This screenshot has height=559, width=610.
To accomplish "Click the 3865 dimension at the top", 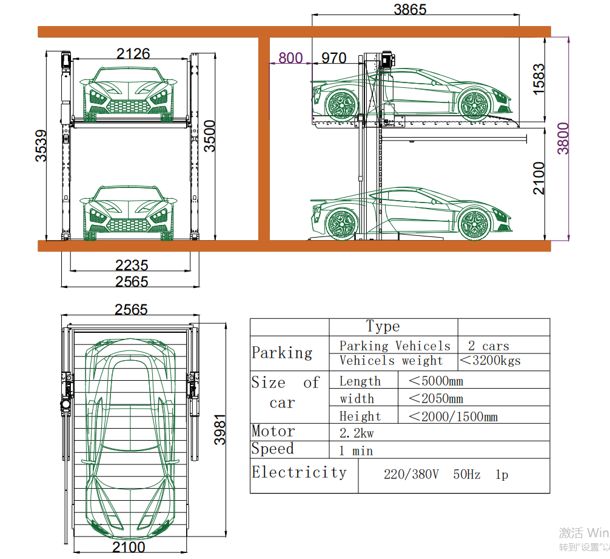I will [x=410, y=10].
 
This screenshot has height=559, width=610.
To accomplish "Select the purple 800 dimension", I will [x=290, y=58].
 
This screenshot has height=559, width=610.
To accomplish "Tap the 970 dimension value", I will [x=333, y=58].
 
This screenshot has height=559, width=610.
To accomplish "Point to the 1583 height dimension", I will [x=538, y=78].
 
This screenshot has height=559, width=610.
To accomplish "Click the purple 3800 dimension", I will [x=563, y=138].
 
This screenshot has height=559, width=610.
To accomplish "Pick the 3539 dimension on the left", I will [x=41, y=146].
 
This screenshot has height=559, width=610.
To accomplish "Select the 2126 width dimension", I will [x=133, y=54].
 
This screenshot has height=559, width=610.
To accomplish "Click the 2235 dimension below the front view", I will [x=132, y=265].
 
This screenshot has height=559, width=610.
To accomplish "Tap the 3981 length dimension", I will [x=220, y=429].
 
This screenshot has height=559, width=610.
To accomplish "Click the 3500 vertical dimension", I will [x=209, y=136].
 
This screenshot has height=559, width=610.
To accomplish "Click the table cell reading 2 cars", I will [x=488, y=346].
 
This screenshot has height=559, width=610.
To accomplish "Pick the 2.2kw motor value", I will [x=357, y=433].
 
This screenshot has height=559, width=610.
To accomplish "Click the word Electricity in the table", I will [x=299, y=472].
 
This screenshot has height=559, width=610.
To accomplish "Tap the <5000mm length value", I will [x=435, y=381].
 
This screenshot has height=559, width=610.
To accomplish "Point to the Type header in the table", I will [x=383, y=327].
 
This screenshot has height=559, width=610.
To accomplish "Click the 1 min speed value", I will [x=356, y=451].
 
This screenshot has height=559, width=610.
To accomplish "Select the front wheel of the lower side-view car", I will [x=475, y=224].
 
